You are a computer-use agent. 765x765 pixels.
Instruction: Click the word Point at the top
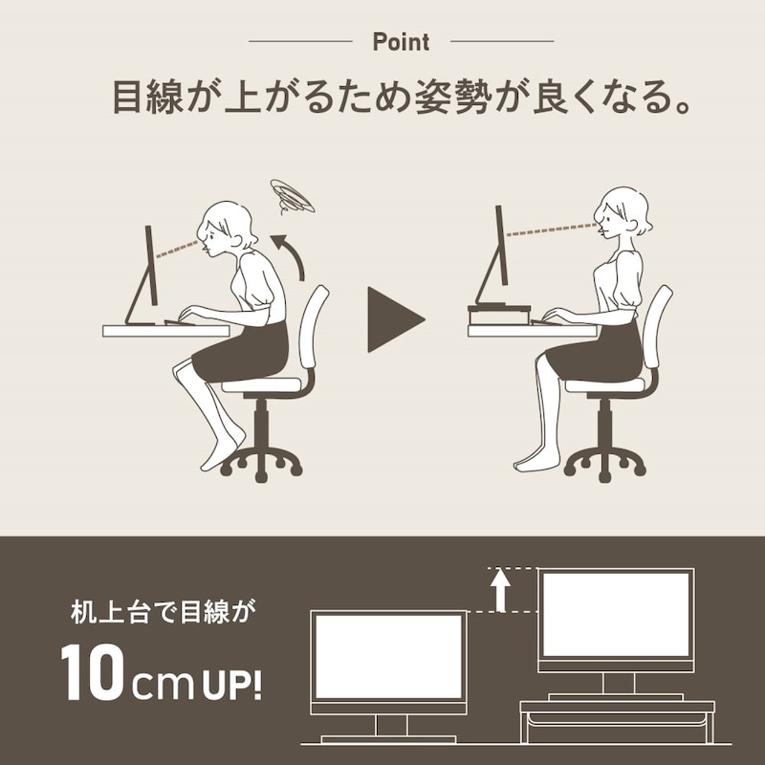coord(401,42)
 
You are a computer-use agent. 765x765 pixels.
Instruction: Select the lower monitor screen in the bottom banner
coord(387,656)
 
